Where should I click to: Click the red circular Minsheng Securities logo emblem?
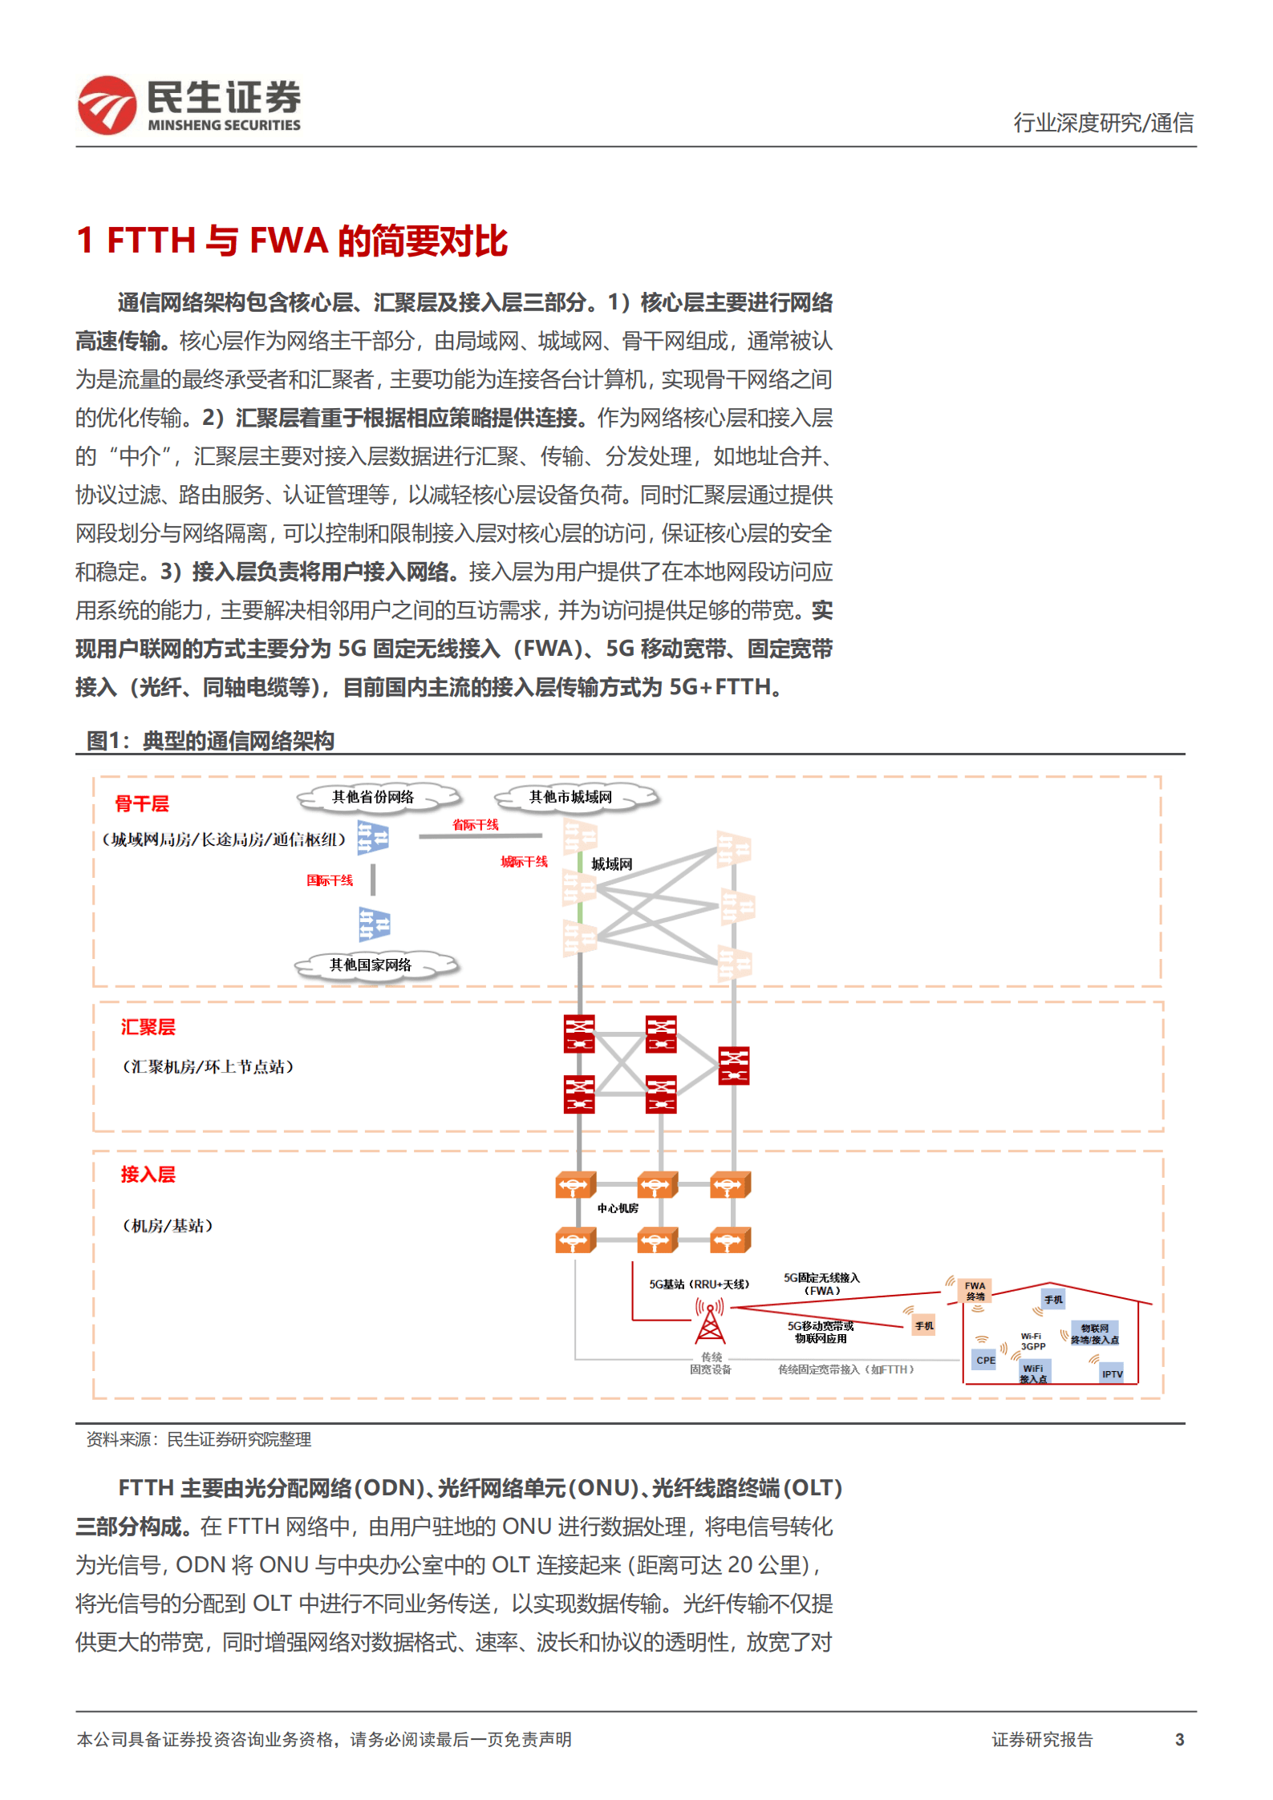(107, 105)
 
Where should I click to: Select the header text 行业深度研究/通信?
(1103, 123)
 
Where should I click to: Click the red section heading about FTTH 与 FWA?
(292, 241)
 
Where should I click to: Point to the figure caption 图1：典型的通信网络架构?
(210, 740)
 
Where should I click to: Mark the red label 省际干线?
(476, 824)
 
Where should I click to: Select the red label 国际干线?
(330, 880)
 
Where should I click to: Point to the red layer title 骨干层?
(142, 803)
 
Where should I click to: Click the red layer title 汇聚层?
(148, 1027)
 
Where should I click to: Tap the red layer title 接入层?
(148, 1175)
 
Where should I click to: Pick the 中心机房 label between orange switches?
(618, 1208)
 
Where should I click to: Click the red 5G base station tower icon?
(710, 1322)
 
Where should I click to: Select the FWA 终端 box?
(975, 1291)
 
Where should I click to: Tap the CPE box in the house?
(985, 1360)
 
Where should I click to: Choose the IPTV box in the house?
(1112, 1373)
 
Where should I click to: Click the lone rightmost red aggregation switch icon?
(734, 1066)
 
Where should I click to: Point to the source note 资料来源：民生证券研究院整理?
(199, 1439)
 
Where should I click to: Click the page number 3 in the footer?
(1179, 1739)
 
